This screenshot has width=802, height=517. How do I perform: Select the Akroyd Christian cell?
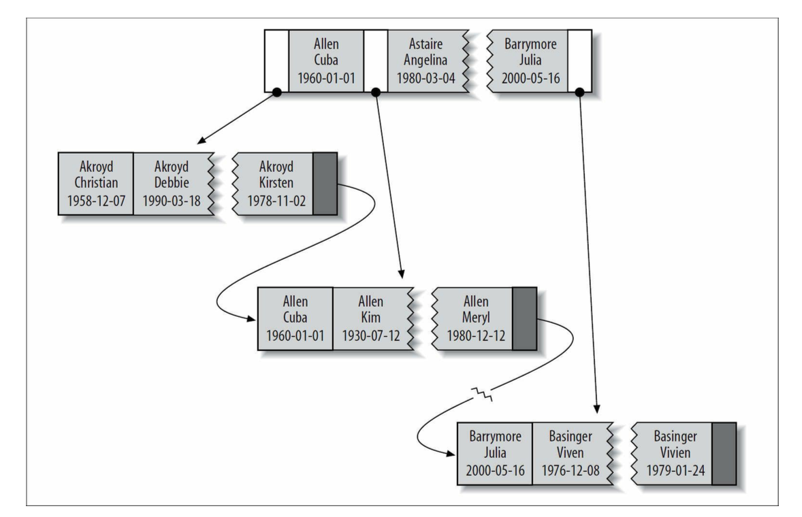pos(95,184)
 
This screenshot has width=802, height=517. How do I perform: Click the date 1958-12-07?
pos(95,202)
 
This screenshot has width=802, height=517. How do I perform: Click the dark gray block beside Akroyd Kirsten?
pos(323,184)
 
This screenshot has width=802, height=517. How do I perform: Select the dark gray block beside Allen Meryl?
pos(524,318)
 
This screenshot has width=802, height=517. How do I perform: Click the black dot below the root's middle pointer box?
pos(376,92)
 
